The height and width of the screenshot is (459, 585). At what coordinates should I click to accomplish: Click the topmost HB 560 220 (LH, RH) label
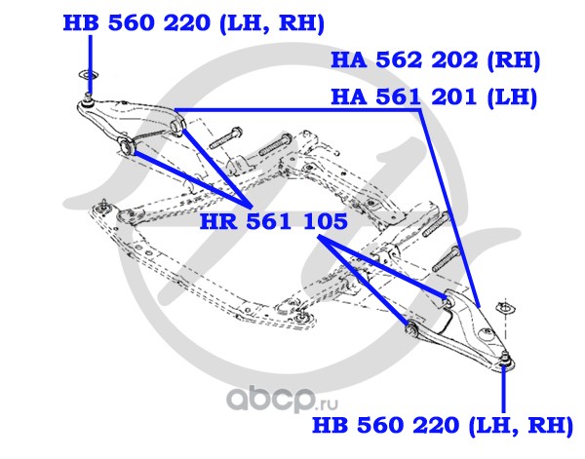point(193,22)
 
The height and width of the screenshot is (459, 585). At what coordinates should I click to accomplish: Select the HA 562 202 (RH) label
point(435,60)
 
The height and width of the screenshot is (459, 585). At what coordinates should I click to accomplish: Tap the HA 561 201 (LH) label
point(435,98)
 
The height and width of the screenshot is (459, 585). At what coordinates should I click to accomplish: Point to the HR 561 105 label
point(274,222)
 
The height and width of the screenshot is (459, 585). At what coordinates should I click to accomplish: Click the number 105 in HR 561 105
point(324,222)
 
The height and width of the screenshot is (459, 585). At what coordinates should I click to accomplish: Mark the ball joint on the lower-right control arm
point(505,363)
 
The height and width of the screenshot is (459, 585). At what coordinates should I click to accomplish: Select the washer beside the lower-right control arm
point(506,310)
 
